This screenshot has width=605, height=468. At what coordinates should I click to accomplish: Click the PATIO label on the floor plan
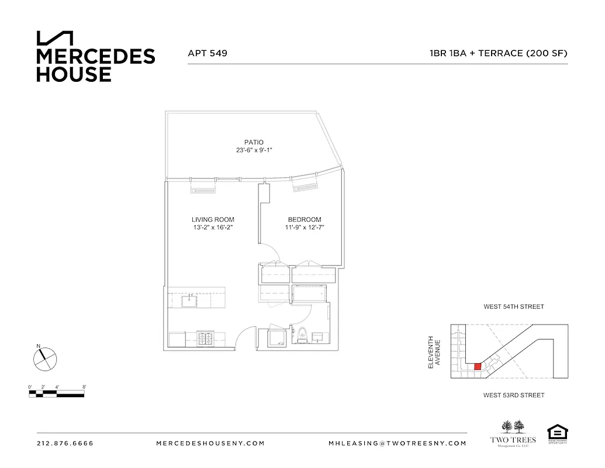[x=254, y=142]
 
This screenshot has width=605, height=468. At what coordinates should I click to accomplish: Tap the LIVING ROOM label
[x=208, y=220]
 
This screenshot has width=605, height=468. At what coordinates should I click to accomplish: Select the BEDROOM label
[x=302, y=220]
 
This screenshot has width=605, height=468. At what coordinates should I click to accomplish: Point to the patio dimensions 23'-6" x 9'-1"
[x=254, y=150]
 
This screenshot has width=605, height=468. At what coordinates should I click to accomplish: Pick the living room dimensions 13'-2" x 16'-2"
[x=208, y=228]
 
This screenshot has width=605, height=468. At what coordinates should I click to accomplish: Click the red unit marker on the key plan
[x=478, y=366]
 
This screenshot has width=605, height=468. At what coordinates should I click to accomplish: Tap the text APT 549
[x=208, y=53]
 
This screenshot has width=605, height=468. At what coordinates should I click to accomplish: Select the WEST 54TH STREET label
[x=513, y=307]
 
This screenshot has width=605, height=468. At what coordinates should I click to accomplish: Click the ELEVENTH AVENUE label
[x=434, y=352]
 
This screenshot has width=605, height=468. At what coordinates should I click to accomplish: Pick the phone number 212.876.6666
[x=65, y=443]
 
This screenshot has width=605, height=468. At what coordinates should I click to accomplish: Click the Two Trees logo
[x=512, y=433]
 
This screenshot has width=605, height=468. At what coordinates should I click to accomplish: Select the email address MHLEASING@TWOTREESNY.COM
[x=397, y=443]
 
